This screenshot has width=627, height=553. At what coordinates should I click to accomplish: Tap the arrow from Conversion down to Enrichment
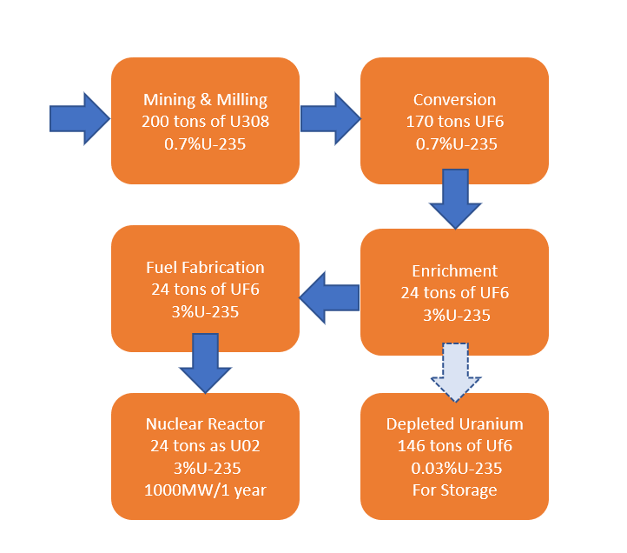coord(455,198)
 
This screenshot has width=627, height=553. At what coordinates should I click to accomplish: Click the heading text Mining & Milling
coord(205,99)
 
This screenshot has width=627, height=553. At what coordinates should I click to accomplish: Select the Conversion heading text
coord(454,99)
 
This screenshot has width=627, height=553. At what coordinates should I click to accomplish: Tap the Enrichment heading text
coord(455,270)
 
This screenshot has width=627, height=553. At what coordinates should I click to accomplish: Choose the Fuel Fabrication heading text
coord(205,267)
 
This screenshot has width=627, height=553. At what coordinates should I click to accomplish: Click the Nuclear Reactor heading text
coord(205,424)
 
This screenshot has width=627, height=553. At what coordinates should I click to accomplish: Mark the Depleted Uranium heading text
coord(455,424)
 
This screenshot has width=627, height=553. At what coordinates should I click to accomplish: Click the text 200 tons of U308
coord(205,122)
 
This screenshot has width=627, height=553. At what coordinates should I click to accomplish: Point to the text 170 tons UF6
coord(454,122)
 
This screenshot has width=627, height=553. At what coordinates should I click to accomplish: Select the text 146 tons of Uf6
coord(455,447)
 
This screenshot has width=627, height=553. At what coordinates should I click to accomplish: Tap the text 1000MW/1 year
coord(205,490)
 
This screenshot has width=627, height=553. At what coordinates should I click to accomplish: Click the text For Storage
coord(455,490)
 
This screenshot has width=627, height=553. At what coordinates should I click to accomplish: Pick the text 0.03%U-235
coord(455,469)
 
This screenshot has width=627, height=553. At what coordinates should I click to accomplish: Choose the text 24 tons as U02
coord(205,447)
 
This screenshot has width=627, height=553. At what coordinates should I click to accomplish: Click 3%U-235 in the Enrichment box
coord(455,315)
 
